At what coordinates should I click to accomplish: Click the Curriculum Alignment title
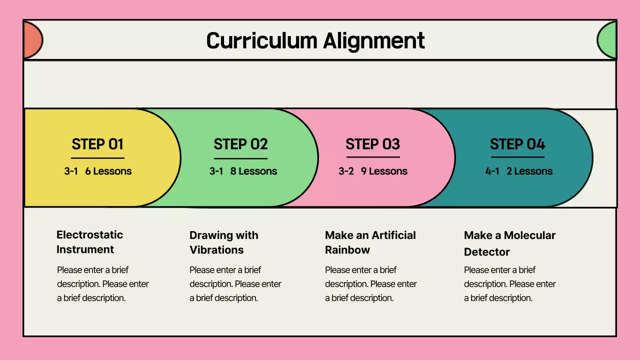click(x=315, y=40)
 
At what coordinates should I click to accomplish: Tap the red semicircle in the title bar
click(x=32, y=40)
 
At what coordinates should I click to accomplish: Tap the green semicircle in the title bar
click(x=607, y=40)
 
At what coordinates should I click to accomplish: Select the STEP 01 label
click(x=97, y=144)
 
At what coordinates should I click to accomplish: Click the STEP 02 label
click(x=240, y=144)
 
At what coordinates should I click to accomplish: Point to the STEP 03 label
click(x=372, y=144)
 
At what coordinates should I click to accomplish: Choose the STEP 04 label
click(x=517, y=144)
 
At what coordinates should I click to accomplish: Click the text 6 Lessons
click(x=108, y=171)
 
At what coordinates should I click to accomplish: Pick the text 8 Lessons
click(x=253, y=171)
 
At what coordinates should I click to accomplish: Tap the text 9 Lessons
click(x=384, y=171)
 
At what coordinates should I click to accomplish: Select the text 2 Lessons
click(x=529, y=171)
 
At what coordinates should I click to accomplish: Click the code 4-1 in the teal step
click(x=492, y=171)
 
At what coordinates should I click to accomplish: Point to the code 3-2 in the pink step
click(x=346, y=171)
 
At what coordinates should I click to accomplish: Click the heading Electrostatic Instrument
click(x=89, y=242)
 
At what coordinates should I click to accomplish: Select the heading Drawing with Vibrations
click(x=223, y=242)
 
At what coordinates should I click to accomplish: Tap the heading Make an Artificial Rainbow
click(x=370, y=242)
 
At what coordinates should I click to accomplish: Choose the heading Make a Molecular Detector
click(x=509, y=243)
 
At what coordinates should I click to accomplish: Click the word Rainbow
click(x=347, y=250)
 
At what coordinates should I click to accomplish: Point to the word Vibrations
click(x=216, y=250)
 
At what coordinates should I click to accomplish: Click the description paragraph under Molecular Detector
click(x=509, y=284)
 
